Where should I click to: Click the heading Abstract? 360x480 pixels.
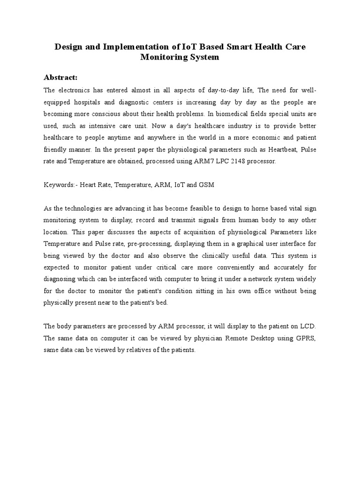click(60, 77)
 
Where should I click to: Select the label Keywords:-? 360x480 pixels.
click(60, 185)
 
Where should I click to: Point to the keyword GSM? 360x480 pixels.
click(206, 185)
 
